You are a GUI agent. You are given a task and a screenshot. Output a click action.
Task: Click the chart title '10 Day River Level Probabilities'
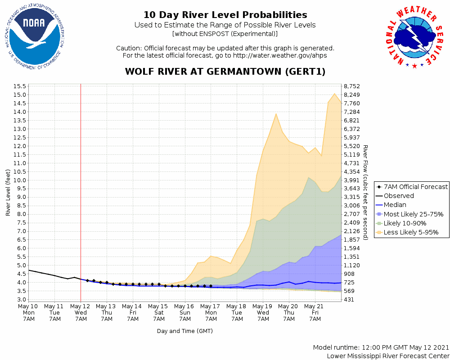pyautogui.click(x=225, y=15)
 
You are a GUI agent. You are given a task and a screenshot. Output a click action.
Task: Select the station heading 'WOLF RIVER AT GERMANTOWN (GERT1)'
pyautogui.click(x=225, y=72)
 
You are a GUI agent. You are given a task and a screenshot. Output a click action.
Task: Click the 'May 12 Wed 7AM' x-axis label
pyautogui.click(x=81, y=312)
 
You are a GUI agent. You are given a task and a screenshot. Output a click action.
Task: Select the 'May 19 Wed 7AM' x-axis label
pyautogui.click(x=263, y=312)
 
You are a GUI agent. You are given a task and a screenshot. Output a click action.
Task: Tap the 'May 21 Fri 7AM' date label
pyautogui.click(x=315, y=312)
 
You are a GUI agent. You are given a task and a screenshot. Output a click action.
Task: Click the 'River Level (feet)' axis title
pyautogui.click(x=8, y=192)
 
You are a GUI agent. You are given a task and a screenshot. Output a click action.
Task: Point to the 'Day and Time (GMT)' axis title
pyautogui.click(x=184, y=331)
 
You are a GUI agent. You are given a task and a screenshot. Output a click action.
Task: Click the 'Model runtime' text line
pyautogui.click(x=381, y=348)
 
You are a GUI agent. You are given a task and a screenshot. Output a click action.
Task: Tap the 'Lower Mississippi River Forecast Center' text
pyautogui.click(x=388, y=356)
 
